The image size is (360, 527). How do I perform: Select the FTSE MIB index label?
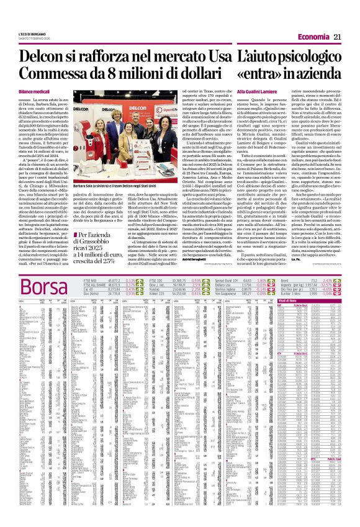tap(89, 281)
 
